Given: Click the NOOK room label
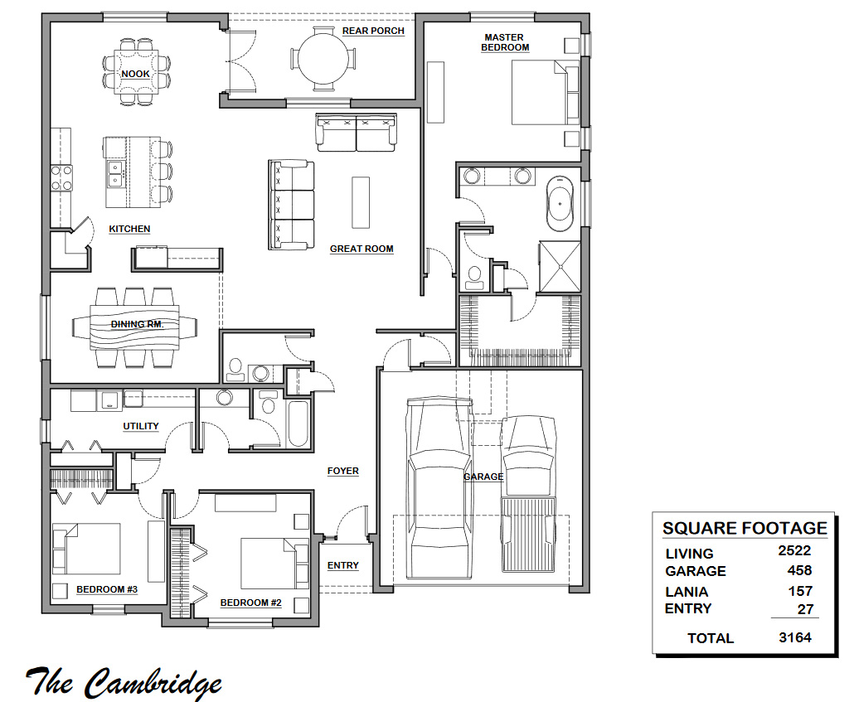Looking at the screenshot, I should (x=135, y=75).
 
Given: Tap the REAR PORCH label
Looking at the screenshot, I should (x=373, y=31).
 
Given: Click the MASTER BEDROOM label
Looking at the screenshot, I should (x=506, y=42).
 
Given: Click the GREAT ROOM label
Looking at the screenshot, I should (x=361, y=249).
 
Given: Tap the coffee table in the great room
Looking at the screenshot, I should (x=361, y=201).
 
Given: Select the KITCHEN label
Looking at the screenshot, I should (x=129, y=229).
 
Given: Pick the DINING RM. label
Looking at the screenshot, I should (x=138, y=325).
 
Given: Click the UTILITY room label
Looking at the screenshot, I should (x=141, y=427).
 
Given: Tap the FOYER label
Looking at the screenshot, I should (x=343, y=471).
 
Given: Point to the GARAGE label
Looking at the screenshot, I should (x=483, y=477).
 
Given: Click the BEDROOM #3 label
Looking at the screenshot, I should (x=107, y=590).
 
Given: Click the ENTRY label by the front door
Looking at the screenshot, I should (x=343, y=565).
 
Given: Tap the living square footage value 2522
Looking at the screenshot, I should (x=793, y=549).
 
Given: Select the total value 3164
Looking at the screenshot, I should (x=794, y=637).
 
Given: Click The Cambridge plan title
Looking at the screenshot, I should (x=124, y=682).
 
